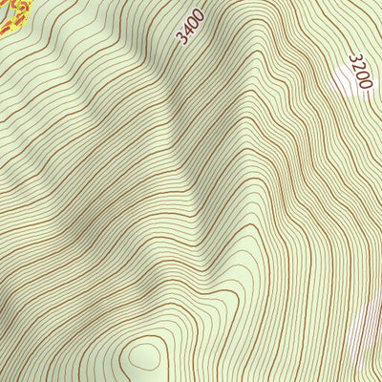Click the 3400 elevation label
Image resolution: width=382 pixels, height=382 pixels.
tap(191, 25)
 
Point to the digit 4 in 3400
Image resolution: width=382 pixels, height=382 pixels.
tap(187, 30)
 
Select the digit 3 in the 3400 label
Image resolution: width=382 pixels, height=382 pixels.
tap(181, 38)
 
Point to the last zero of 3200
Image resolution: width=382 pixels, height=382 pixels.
tap(365, 83)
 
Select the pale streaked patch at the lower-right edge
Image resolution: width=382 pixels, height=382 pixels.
tap(367, 329)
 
